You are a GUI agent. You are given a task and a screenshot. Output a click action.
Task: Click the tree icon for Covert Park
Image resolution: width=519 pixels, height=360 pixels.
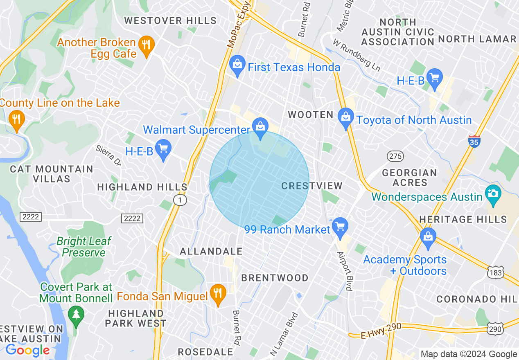point(76,314)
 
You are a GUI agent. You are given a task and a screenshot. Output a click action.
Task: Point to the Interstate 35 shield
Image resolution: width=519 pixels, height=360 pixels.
point(474,141)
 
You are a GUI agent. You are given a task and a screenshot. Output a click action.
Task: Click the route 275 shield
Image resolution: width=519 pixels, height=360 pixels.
point(395,156)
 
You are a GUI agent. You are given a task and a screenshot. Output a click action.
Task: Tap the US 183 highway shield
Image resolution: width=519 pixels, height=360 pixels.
point(496,272)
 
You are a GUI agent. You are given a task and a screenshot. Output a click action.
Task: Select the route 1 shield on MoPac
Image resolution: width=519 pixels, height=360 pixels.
point(180,200)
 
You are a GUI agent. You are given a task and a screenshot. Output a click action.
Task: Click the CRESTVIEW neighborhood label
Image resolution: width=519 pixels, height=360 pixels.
point(312,186)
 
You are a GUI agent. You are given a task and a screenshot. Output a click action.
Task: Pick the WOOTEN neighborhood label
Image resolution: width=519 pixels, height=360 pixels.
point(311,115)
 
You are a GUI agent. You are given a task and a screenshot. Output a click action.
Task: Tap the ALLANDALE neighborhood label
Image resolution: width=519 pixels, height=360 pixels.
point(211,251)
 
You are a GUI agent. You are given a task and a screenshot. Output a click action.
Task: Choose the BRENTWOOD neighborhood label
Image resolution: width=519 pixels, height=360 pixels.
point(275,278)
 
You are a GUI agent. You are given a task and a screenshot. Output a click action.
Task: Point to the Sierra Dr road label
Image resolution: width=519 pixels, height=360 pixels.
point(108,155)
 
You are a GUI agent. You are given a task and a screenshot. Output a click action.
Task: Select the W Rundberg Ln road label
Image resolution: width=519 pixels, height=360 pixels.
point(356,55)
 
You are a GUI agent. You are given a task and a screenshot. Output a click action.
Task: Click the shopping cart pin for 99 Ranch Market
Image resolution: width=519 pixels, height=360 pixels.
point(340,226)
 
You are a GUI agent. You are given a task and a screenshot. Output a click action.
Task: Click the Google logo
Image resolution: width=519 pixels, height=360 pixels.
point(27,350)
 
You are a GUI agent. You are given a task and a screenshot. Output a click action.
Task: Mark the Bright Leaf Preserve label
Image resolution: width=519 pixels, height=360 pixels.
point(83,247)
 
